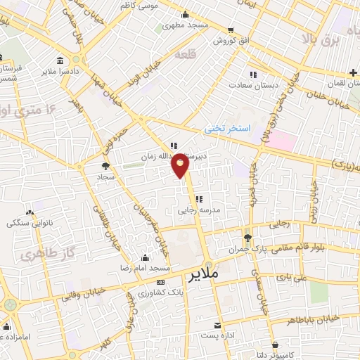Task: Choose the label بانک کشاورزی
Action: point(157,292)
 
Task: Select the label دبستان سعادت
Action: point(257,85)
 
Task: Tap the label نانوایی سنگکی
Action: point(29,224)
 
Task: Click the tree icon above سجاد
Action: point(105,166)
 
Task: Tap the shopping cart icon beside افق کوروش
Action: point(231,30)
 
